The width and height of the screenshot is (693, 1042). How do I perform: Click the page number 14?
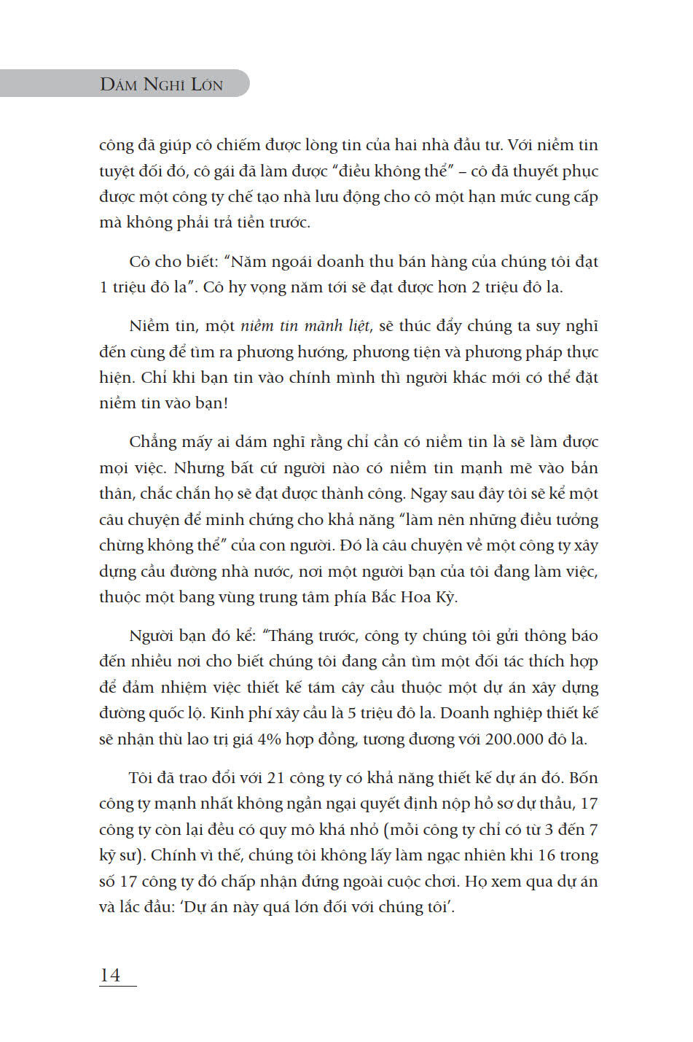point(110,975)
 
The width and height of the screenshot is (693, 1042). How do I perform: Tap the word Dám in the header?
point(119,85)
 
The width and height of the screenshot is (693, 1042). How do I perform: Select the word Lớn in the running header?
point(207,85)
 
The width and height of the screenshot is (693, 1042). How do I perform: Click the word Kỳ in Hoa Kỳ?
point(445,596)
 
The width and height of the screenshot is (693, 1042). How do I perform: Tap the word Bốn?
point(583,777)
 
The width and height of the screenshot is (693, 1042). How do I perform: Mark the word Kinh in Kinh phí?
point(244,712)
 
